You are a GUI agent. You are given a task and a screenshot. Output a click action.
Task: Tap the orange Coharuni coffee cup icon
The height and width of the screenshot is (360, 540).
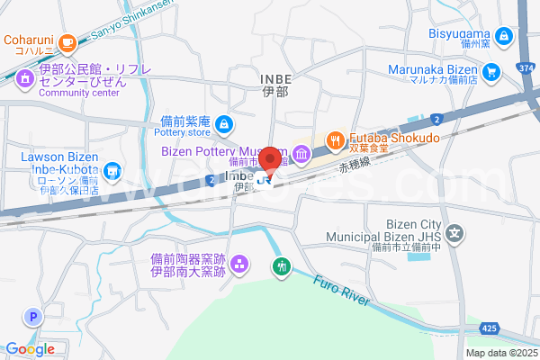(x=67, y=41)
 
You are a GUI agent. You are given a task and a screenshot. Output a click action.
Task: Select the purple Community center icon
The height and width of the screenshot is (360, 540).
(x=24, y=77)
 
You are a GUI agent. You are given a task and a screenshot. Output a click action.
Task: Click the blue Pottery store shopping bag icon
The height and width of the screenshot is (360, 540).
(x=224, y=123)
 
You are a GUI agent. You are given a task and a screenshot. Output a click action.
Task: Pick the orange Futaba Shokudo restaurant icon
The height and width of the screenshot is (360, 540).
(x=335, y=139)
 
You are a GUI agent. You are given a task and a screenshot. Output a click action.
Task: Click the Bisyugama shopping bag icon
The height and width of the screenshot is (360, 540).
(x=504, y=36)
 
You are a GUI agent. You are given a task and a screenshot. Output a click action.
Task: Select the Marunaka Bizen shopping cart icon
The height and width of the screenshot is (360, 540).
(x=491, y=70)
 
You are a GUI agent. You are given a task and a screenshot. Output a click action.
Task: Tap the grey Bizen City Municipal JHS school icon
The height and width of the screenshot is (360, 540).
(x=456, y=231)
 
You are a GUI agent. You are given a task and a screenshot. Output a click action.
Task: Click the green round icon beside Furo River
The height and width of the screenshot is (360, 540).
(x=283, y=266)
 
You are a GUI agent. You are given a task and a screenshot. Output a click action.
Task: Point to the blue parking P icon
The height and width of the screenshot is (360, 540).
(x=34, y=316)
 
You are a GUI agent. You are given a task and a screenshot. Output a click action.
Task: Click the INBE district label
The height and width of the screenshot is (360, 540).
(x=274, y=80)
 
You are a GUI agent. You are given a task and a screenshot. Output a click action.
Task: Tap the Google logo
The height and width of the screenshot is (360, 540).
(x=30, y=348)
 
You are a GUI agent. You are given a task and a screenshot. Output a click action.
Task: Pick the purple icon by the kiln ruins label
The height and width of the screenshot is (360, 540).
(x=239, y=264)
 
